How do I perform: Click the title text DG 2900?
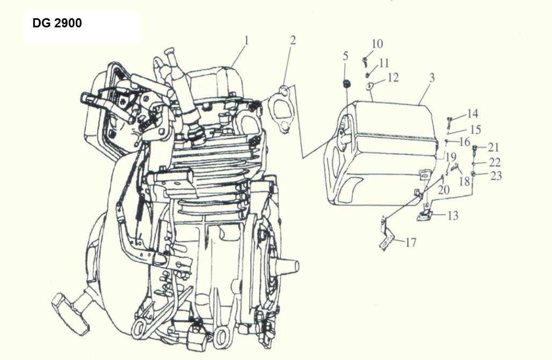click(x=57, y=24)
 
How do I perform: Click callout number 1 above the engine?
click(x=246, y=40)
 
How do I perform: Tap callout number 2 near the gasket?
click(x=293, y=40)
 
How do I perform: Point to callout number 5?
click(x=346, y=55)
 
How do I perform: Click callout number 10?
click(x=377, y=43)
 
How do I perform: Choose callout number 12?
click(x=393, y=78)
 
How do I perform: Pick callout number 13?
click(x=453, y=216)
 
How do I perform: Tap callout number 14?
click(x=472, y=114)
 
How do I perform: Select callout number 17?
click(x=411, y=243)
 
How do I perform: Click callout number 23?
click(x=496, y=175)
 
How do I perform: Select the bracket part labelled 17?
click(x=386, y=233)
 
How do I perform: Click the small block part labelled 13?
click(x=424, y=216)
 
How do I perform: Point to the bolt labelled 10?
click(x=365, y=61)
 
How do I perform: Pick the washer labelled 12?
click(x=370, y=86)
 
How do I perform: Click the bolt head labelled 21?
click(x=475, y=147)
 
